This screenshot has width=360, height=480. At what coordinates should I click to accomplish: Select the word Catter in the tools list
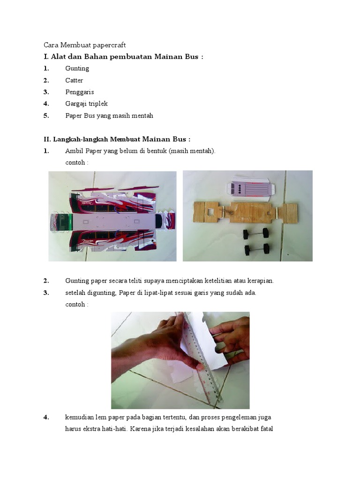(74, 80)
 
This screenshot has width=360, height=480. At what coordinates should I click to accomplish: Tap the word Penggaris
(79, 92)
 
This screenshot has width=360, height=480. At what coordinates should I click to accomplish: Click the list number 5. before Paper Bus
(46, 115)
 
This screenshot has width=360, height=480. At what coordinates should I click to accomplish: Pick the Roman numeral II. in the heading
(47, 139)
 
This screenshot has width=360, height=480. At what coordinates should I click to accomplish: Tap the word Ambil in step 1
(74, 151)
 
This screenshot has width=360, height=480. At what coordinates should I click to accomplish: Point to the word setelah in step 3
(75, 292)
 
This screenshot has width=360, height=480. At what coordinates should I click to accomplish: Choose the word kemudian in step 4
(80, 417)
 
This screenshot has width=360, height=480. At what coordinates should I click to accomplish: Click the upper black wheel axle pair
(255, 233)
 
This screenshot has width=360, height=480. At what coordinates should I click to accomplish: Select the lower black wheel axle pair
(256, 248)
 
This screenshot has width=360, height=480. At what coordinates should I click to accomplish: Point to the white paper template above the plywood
(251, 188)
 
